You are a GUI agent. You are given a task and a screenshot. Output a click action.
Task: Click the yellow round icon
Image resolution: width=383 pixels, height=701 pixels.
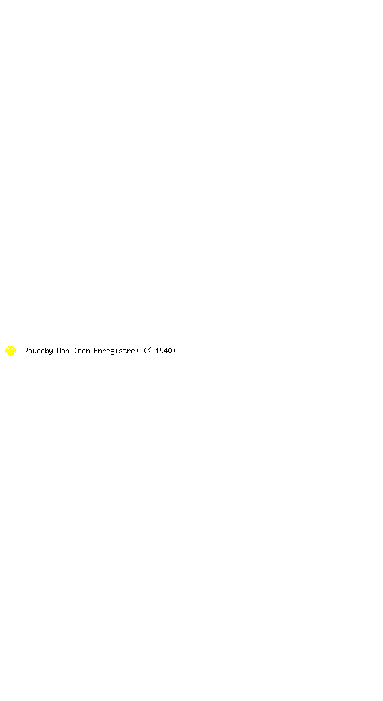point(10,350)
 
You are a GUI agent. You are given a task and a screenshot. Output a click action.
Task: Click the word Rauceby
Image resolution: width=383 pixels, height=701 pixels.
point(38,351)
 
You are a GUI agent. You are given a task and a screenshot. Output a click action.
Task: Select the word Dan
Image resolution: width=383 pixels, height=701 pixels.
point(63,350)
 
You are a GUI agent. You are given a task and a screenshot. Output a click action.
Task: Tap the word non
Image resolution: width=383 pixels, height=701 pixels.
point(83,351)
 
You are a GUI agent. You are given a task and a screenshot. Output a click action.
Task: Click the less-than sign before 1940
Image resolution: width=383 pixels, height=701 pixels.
point(149,350)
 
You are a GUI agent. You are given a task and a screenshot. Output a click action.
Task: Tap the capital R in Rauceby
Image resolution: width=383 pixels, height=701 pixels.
point(27,350)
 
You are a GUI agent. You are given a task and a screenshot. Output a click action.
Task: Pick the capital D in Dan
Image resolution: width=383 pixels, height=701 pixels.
point(59,350)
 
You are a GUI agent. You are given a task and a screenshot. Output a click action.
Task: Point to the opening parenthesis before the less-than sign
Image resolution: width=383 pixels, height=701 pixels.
point(145,350)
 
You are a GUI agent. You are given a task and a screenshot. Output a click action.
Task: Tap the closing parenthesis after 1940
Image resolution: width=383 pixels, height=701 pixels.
point(174,350)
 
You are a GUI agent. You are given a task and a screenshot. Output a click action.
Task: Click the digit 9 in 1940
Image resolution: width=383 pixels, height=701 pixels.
point(161,350)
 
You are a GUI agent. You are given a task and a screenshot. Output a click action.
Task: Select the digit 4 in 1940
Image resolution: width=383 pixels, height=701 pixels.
point(166,350)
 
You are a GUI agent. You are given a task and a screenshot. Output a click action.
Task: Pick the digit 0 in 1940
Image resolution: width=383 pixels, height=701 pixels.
point(170,350)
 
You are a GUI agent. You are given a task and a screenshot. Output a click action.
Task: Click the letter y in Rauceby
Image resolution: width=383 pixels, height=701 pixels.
point(51,352)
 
